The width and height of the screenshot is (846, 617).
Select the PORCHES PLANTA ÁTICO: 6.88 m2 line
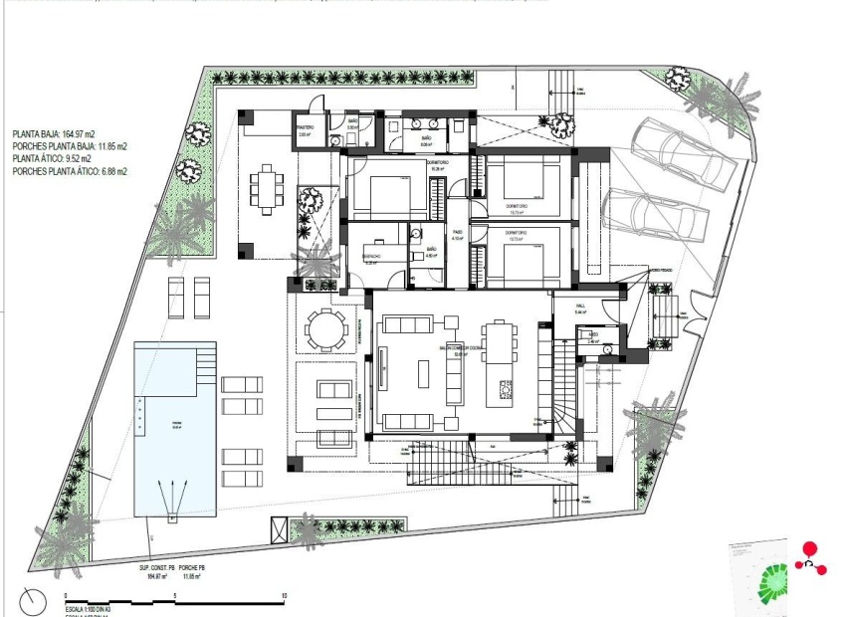coord(70,171)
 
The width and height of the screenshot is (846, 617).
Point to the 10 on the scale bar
coord(285,596)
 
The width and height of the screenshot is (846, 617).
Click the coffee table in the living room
coord(421,373)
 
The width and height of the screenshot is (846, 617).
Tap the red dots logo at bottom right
coord(811,558)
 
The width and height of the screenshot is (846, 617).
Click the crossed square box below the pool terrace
coord(280,529)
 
